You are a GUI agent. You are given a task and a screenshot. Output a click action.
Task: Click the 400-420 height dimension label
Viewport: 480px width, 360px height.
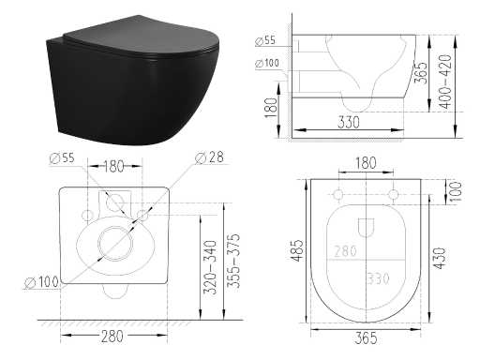tap(446, 82)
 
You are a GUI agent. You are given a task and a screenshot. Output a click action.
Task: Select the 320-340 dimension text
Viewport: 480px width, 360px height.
tap(210, 267)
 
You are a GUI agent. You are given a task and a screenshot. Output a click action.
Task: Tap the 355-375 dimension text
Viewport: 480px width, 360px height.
tap(233, 261)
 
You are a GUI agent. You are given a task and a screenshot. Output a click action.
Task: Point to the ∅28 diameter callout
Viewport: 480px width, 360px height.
tap(209, 157)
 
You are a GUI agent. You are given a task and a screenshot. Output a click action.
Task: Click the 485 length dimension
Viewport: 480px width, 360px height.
tap(297, 250)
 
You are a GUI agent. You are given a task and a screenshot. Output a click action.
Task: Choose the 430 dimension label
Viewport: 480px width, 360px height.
tap(440, 258)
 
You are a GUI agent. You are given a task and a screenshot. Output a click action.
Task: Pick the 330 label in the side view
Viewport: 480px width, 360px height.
tap(349, 122)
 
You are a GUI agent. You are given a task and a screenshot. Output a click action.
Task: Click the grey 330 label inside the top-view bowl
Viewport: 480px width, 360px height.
tap(378, 278)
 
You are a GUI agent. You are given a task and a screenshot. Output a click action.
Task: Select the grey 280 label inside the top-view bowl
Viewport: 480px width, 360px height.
tap(345, 251)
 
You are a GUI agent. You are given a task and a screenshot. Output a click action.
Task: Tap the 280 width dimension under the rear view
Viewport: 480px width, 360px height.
tap(112, 337)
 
